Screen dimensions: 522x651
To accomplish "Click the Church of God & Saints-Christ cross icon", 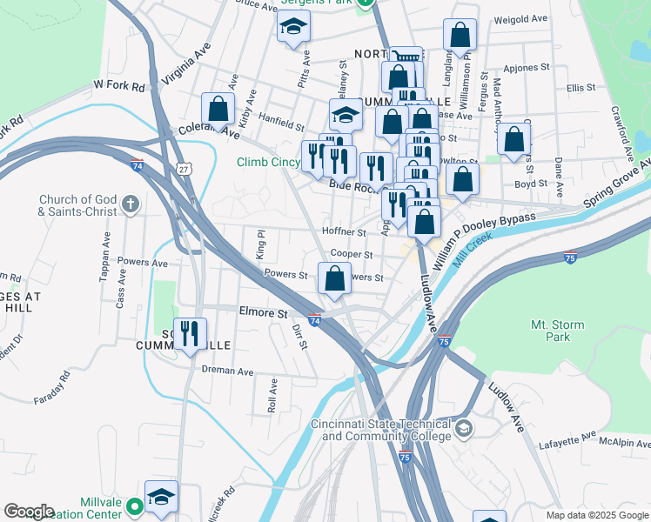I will (131, 205).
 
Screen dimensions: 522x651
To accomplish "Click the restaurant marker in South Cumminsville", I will (191, 333).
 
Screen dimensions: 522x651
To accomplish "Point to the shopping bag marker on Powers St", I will (335, 278).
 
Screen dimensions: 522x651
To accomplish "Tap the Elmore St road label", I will (263, 311).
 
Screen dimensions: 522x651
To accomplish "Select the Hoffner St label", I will (343, 232).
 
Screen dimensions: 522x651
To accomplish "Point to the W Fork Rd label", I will (118, 85).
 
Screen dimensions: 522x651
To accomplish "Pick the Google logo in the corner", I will (29, 512).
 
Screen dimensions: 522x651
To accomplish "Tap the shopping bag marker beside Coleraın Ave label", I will (218, 110).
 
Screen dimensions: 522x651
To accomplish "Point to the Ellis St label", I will (580, 88).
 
